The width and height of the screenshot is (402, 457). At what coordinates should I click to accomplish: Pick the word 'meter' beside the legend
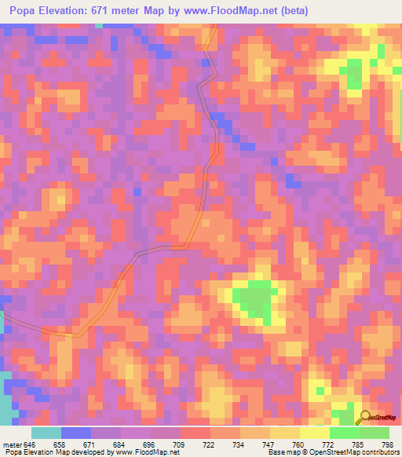(13, 444)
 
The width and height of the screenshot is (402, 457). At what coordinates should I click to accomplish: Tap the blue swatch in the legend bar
(75, 433)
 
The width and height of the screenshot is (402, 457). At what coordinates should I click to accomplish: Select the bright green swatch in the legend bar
(344, 433)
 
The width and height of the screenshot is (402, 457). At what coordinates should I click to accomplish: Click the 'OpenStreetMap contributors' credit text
(357, 452)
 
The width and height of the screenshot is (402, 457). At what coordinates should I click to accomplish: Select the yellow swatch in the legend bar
(314, 433)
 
